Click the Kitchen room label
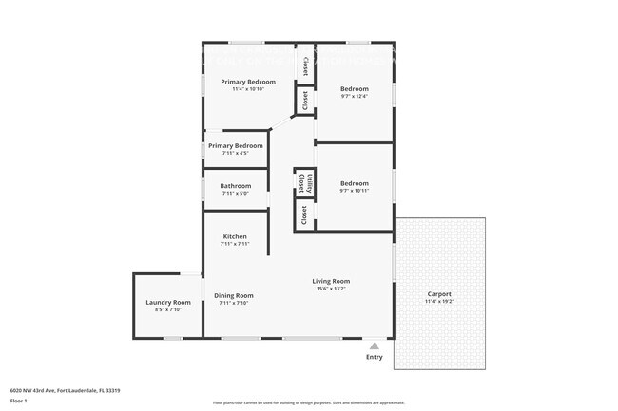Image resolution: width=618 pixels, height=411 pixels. click(235, 236)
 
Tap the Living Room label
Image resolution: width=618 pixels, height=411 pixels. click(332, 281)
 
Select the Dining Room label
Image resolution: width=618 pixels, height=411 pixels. click(233, 295)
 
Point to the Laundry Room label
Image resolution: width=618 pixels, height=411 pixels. click(168, 302)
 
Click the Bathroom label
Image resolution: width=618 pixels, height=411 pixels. click(236, 186)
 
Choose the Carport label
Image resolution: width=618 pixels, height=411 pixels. click(439, 293)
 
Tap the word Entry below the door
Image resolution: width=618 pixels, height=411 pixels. click(375, 357)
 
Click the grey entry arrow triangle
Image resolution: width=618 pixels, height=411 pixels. click(375, 346)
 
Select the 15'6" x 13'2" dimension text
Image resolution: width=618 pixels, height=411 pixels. click(332, 289)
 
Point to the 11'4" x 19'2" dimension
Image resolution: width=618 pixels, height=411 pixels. click(439, 302)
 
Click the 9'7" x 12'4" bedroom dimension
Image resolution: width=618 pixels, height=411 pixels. click(355, 96)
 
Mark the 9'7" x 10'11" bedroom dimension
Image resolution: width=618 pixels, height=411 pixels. click(355, 191)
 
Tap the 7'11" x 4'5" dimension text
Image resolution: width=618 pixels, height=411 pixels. click(235, 153)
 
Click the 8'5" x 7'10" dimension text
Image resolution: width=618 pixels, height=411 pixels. click(168, 309)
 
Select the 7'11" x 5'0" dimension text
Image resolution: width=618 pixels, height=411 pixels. click(236, 194)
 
